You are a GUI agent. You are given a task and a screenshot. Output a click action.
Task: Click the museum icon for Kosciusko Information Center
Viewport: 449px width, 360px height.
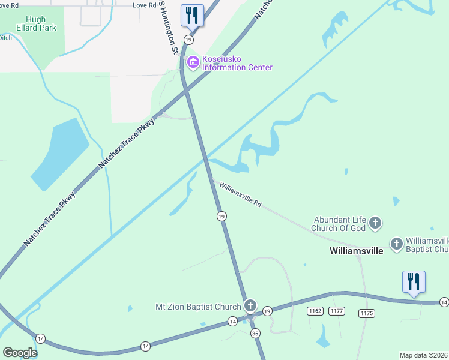tap(193, 62)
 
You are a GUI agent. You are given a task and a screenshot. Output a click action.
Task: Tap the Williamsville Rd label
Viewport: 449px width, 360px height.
tap(241, 195)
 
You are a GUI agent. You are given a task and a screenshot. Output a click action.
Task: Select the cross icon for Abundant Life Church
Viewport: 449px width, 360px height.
tap(375, 224)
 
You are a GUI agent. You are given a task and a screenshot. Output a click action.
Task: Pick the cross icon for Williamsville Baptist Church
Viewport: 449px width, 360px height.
tap(396, 244)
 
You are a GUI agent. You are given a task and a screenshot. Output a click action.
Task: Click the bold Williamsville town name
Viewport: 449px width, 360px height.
tap(357, 251)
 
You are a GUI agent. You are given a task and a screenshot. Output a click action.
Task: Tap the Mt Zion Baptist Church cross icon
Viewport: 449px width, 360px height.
tap(250, 307)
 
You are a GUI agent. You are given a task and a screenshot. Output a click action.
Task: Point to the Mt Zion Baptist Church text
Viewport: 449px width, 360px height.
tap(198, 307)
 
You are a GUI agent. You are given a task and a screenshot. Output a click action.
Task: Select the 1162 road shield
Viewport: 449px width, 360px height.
tap(315, 310)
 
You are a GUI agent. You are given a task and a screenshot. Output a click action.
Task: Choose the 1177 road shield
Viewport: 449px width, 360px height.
tap(337, 310)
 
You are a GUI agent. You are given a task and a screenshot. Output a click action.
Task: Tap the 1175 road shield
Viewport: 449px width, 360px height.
tap(367, 313)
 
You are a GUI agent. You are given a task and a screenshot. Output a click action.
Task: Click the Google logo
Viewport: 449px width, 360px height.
tap(20, 352)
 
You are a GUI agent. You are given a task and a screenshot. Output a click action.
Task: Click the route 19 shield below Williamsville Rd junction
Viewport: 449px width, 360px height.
tap(221, 216)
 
